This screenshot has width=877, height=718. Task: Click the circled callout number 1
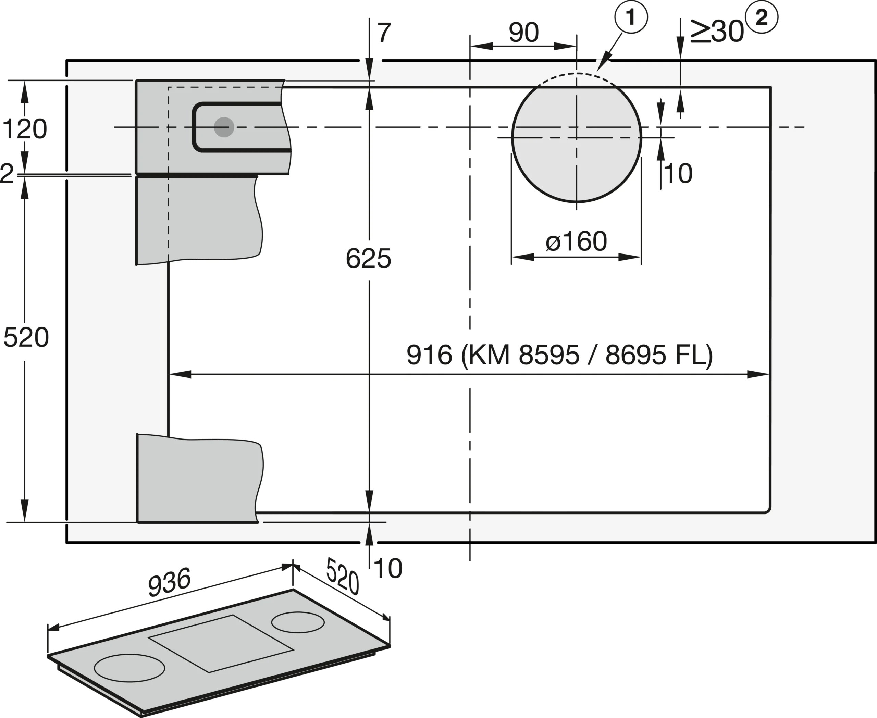pyautogui.click(x=631, y=17)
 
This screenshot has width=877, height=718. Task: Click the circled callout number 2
pyautogui.click(x=761, y=17)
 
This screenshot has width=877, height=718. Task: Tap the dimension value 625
pyautogui.click(x=368, y=259)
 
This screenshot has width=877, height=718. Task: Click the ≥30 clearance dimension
pyautogui.click(x=716, y=31)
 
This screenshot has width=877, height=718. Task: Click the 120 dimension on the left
pyautogui.click(x=25, y=129)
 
